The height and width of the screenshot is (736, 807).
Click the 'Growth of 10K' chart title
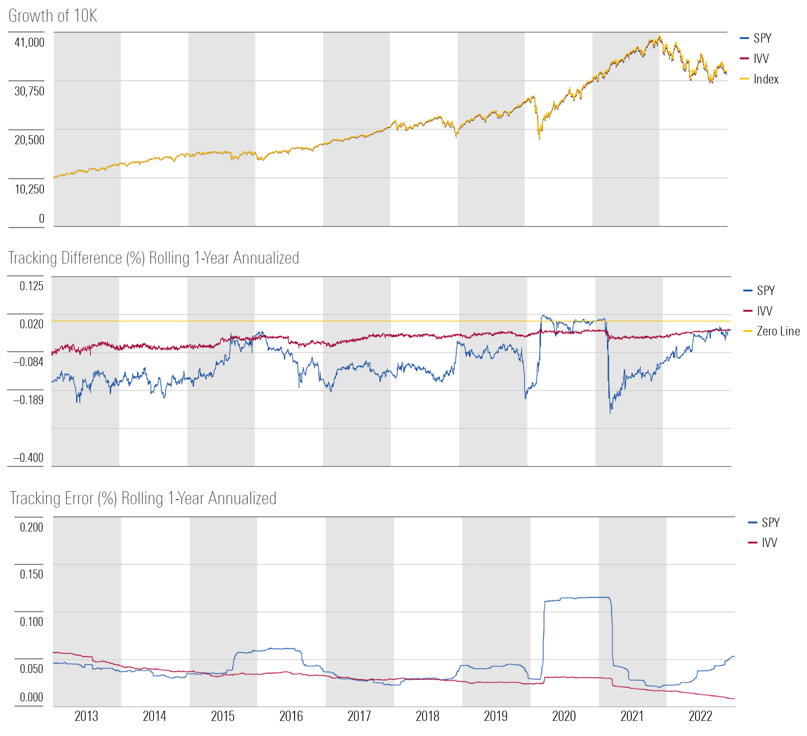[52, 16]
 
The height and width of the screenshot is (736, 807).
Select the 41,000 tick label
[29, 43]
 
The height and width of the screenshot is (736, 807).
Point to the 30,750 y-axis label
[29, 91]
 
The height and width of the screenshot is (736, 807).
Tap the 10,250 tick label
[29, 189]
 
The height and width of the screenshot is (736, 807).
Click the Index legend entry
[766, 79]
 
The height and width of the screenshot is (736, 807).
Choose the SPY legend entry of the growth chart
[762, 38]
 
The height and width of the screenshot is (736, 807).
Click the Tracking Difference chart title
[154, 258]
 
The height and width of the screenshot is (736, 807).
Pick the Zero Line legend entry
[778, 331]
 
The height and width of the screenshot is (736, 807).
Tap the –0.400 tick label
[28, 458]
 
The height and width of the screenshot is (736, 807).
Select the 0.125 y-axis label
[31, 286]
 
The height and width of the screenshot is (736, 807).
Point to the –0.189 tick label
[28, 400]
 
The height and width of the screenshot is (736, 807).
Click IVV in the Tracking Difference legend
[764, 311]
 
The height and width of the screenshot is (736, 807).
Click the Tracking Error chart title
[143, 498]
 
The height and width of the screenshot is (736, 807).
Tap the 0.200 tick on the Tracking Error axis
[31, 527]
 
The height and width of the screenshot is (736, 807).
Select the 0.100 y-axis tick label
[31, 622]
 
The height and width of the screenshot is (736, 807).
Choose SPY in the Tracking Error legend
[770, 523]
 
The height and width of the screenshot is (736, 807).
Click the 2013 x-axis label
[86, 716]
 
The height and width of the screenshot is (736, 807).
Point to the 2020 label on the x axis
[564, 716]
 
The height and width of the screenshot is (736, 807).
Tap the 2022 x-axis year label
[700, 716]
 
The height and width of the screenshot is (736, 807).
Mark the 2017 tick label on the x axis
[359, 716]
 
